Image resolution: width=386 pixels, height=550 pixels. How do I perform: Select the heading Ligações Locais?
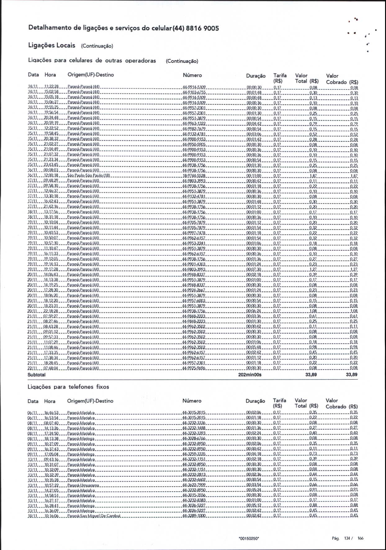click(52, 46)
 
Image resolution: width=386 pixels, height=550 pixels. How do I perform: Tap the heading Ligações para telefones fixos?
click(68, 387)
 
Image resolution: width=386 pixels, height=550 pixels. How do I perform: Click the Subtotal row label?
click(36, 375)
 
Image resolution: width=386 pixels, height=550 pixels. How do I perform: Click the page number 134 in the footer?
click(347, 538)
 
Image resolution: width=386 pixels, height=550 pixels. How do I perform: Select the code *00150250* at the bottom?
click(249, 539)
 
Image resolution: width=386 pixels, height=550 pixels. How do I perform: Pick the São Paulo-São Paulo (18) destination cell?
click(88, 176)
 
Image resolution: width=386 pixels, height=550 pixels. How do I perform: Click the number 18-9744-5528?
click(194, 176)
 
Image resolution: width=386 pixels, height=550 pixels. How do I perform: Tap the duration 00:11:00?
click(254, 176)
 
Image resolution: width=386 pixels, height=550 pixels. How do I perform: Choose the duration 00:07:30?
click(254, 269)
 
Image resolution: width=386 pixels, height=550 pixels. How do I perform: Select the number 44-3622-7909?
click(194, 485)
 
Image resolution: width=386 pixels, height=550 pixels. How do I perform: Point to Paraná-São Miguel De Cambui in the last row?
click(94, 516)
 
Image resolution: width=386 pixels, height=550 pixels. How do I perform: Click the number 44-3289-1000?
click(194, 516)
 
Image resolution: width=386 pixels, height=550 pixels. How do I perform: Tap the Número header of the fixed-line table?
click(192, 401)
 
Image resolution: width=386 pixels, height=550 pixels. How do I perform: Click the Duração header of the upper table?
click(256, 76)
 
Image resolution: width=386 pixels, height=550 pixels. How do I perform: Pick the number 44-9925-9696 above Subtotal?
click(194, 368)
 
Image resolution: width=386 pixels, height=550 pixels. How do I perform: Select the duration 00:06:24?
click(254, 311)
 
